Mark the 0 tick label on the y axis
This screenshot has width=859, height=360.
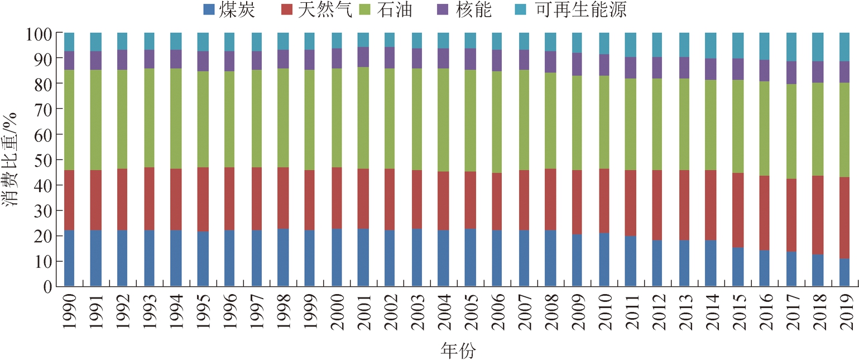tap(47, 287)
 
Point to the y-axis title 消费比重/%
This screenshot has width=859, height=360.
tap(12, 160)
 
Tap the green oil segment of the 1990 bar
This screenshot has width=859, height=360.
tap(69, 120)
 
